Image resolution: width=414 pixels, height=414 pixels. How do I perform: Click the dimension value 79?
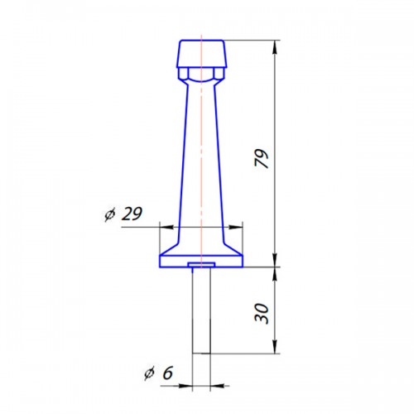click(x=262, y=158)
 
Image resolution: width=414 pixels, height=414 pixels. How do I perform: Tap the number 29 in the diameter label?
click(x=131, y=214)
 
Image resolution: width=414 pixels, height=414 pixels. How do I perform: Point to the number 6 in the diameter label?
click(x=167, y=373)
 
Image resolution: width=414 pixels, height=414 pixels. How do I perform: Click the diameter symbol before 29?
click(x=109, y=215)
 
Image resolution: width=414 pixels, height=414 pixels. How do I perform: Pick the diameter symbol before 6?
click(x=150, y=374)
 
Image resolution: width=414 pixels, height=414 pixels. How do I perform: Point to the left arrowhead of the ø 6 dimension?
click(x=186, y=385)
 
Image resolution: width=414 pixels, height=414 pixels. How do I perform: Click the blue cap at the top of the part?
click(x=201, y=54)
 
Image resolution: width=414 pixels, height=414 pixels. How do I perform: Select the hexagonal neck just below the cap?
click(x=201, y=77)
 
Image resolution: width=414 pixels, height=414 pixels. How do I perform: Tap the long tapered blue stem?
click(x=201, y=157)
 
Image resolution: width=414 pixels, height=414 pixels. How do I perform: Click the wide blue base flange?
click(x=201, y=255)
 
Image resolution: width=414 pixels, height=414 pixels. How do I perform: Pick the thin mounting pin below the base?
click(x=202, y=310)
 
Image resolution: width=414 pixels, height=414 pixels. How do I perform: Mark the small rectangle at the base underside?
click(x=202, y=266)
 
